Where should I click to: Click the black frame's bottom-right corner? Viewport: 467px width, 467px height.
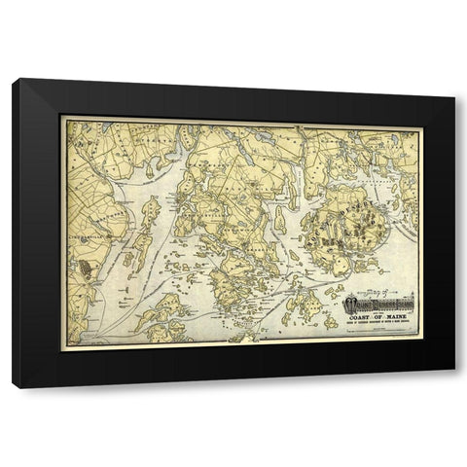pos(453,387)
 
